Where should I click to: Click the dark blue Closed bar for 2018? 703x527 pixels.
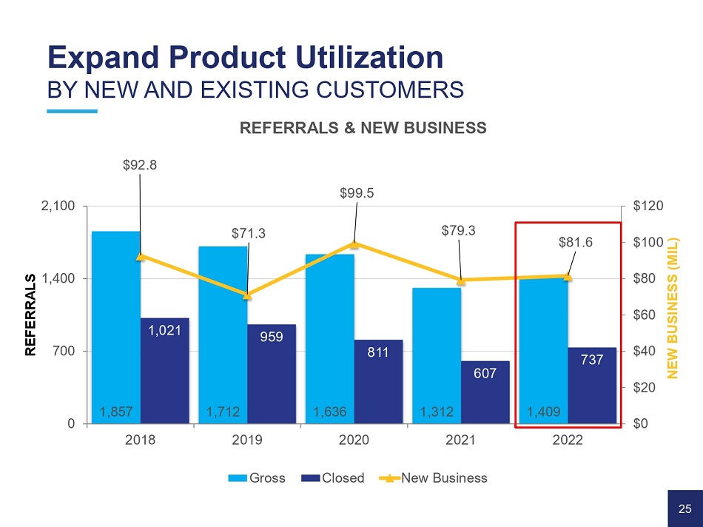[x=164, y=370]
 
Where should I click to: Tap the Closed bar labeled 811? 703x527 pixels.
[x=378, y=381]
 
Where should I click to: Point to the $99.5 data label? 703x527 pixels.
[x=357, y=193]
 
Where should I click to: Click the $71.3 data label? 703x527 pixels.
[x=248, y=234]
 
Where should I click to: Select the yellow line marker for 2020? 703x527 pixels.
[x=354, y=244]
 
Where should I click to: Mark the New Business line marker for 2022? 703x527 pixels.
[x=568, y=276]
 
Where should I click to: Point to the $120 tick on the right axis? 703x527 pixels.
[x=647, y=206]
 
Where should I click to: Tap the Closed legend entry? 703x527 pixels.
[x=335, y=477]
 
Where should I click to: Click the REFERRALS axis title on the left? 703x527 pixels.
[x=30, y=315]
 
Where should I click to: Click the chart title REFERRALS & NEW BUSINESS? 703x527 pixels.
[x=363, y=128]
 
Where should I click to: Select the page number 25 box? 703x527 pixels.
[x=684, y=508]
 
